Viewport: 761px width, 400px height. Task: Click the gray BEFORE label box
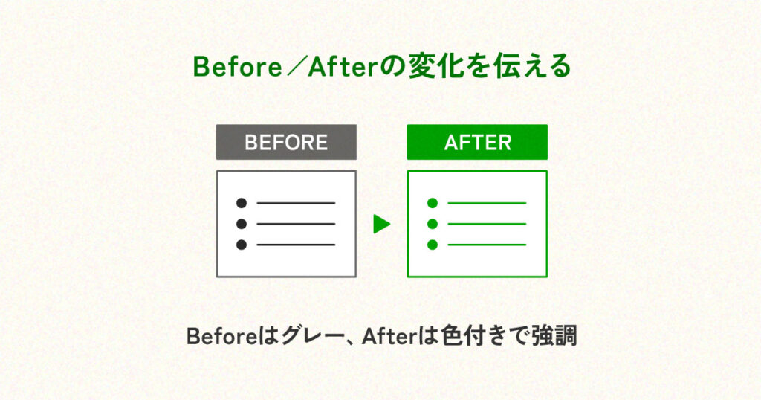pos(286,142)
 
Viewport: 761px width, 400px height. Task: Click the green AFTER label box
pos(478,142)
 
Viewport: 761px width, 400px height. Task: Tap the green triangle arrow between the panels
pos(382,224)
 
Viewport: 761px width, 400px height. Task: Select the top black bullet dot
pos(242,203)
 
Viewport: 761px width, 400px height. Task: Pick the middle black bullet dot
pos(242,224)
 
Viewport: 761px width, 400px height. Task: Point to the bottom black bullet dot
pos(242,245)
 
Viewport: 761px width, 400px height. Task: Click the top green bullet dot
pos(433,203)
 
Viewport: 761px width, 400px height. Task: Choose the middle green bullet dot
pos(433,224)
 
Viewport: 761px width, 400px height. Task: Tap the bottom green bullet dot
pos(433,245)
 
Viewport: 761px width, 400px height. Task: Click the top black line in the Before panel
pos(296,203)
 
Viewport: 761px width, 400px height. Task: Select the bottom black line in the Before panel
pos(296,245)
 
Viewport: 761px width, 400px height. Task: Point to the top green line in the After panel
pos(487,203)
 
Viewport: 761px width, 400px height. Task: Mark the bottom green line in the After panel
pos(487,245)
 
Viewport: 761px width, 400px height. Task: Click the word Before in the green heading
pos(237,66)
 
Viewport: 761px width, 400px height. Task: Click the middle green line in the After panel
pos(487,224)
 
